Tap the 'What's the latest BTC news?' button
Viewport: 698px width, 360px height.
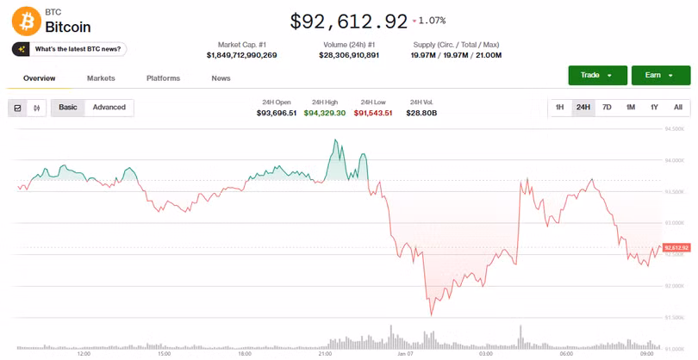click(x=70, y=49)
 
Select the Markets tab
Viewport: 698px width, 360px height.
click(x=101, y=78)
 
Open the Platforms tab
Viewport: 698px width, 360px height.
click(x=163, y=78)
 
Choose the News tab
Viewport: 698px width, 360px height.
click(x=221, y=78)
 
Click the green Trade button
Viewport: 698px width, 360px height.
click(x=596, y=75)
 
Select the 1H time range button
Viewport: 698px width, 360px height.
click(x=559, y=108)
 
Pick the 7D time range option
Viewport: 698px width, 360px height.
click(x=607, y=108)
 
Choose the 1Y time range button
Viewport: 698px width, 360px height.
click(x=654, y=108)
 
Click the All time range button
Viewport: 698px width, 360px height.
click(x=678, y=108)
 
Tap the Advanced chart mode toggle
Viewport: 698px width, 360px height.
click(x=109, y=108)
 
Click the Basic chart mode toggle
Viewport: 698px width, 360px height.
click(x=67, y=108)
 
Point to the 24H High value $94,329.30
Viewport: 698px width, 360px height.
click(x=325, y=113)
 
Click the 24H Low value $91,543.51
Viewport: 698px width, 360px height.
click(x=373, y=113)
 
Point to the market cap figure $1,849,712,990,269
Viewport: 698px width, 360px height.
click(x=241, y=55)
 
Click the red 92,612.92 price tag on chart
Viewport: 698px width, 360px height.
click(x=676, y=248)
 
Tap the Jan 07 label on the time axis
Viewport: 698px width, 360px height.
click(x=407, y=353)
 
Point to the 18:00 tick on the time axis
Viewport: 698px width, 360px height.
click(x=245, y=353)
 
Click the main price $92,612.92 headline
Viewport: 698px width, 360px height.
click(x=349, y=20)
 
